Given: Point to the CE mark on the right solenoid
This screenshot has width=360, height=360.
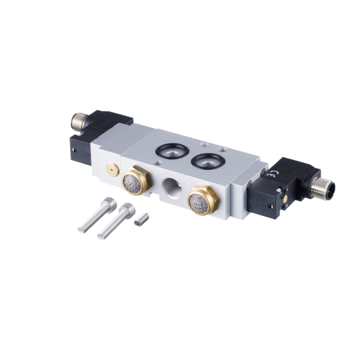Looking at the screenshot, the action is [x=275, y=173].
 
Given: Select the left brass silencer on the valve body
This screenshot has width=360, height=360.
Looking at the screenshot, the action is [x=136, y=180].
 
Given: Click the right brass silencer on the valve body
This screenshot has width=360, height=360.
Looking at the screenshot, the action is [x=202, y=200].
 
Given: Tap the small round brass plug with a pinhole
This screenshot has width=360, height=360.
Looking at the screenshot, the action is [x=112, y=169].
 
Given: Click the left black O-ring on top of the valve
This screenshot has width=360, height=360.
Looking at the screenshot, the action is [x=172, y=150].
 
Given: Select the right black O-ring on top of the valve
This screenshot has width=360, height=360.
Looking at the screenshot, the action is [x=208, y=161].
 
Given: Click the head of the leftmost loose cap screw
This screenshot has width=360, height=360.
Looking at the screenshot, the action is [x=109, y=202].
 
